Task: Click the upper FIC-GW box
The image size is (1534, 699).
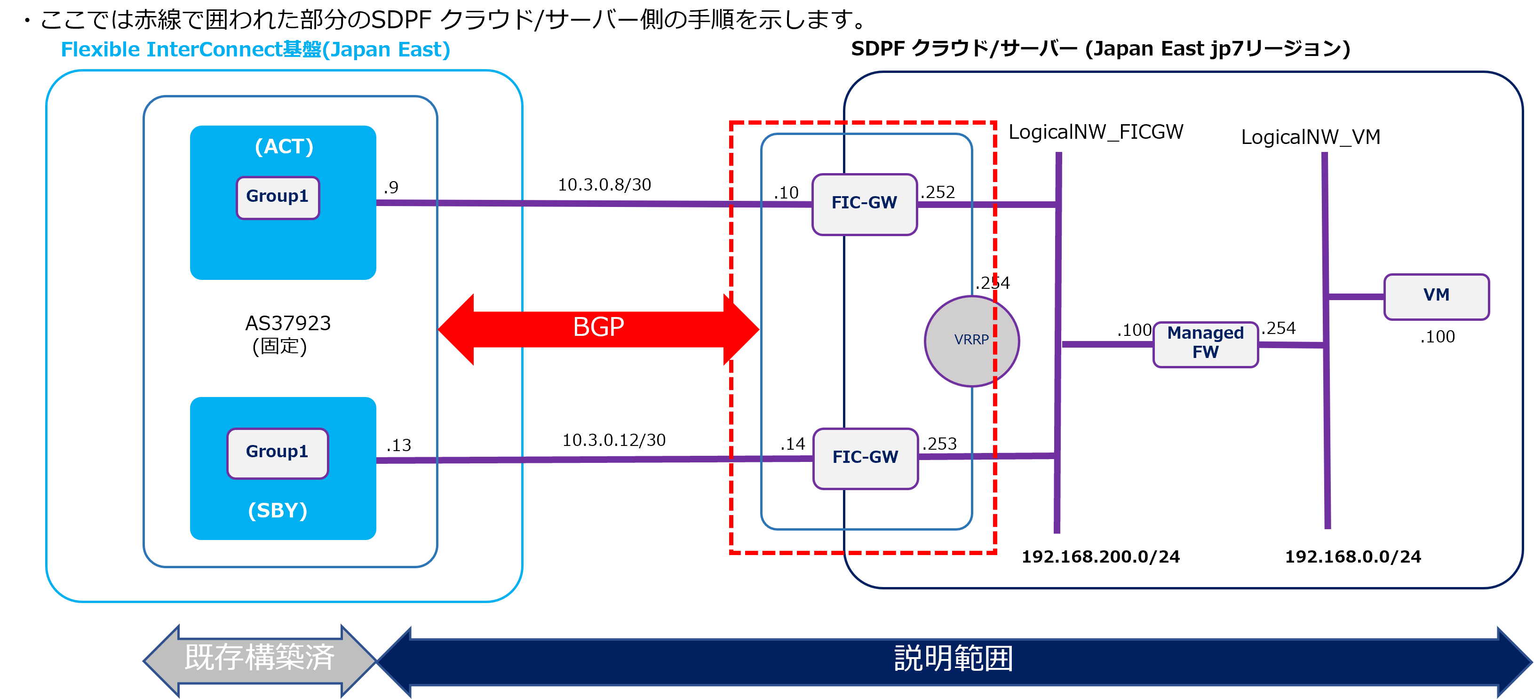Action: coord(864,204)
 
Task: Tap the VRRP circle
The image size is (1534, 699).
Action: coord(971,341)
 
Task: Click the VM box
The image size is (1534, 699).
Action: coord(1436,296)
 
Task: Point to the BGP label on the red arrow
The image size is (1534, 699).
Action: coord(598,327)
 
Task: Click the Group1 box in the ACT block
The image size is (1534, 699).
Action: coord(278,197)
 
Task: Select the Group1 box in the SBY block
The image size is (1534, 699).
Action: coord(278,453)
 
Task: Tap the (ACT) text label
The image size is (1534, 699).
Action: coord(284,146)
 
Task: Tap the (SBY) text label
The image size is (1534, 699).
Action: coord(278,510)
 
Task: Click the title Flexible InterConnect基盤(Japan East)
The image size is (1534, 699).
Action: coord(255,49)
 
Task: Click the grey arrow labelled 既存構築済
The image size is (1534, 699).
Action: coord(260,659)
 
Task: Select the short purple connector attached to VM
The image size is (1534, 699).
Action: coord(1356,296)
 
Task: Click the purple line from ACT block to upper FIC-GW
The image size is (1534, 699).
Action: coord(596,204)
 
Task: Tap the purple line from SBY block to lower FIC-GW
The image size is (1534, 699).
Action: coord(596,459)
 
